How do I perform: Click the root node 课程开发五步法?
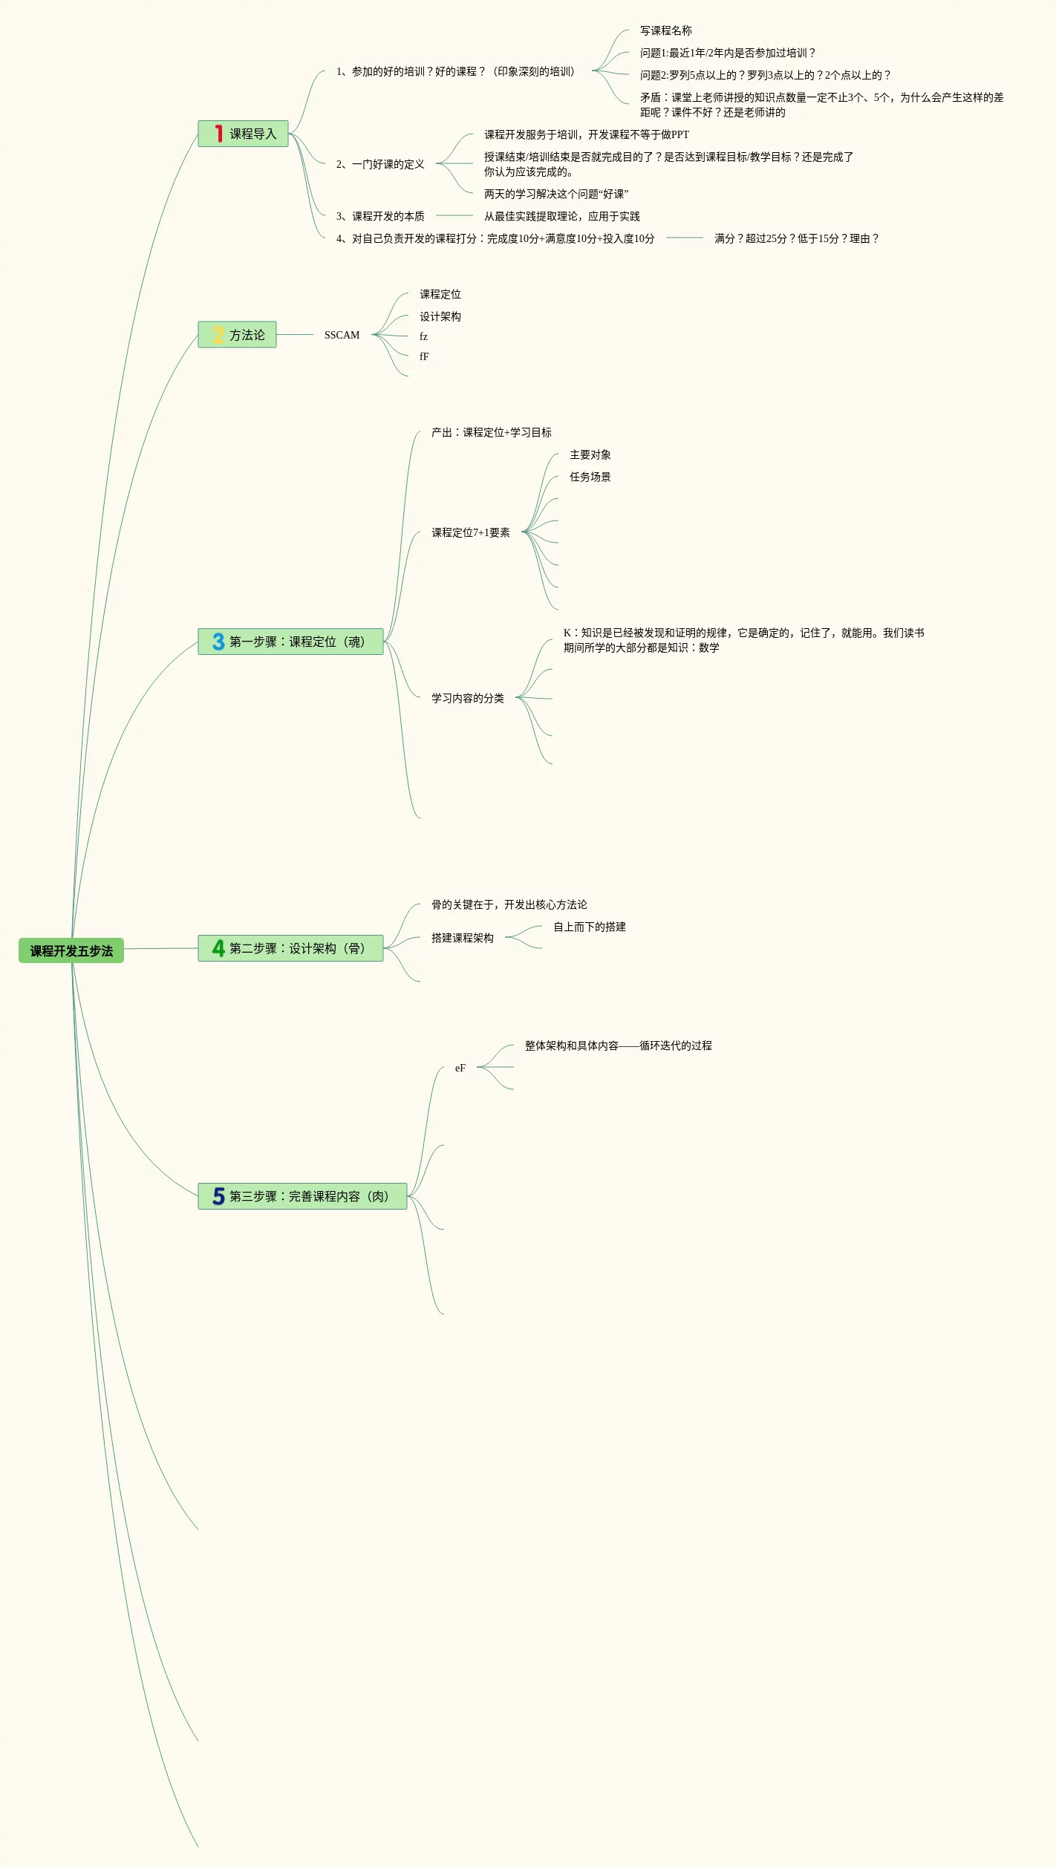[71, 950]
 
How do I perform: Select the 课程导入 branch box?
[243, 134]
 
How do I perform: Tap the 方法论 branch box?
[237, 335]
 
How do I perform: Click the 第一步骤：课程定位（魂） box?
[290, 642]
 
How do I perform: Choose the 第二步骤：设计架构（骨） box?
[290, 948]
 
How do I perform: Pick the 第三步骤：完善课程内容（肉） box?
[302, 1196]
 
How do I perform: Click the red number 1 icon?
[218, 134]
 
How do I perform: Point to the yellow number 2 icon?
[218, 335]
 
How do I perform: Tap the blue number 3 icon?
[218, 642]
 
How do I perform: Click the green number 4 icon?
[218, 948]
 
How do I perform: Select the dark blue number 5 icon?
[218, 1196]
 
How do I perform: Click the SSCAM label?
[342, 335]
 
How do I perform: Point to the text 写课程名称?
[665, 30]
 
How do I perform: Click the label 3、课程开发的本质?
[380, 216]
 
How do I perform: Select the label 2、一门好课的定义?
[380, 164]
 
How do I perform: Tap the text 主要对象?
[590, 454]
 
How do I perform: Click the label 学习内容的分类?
[467, 698]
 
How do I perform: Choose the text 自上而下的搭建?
[589, 927]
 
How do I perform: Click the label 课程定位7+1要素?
[470, 532]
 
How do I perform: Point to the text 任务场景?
[590, 477]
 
